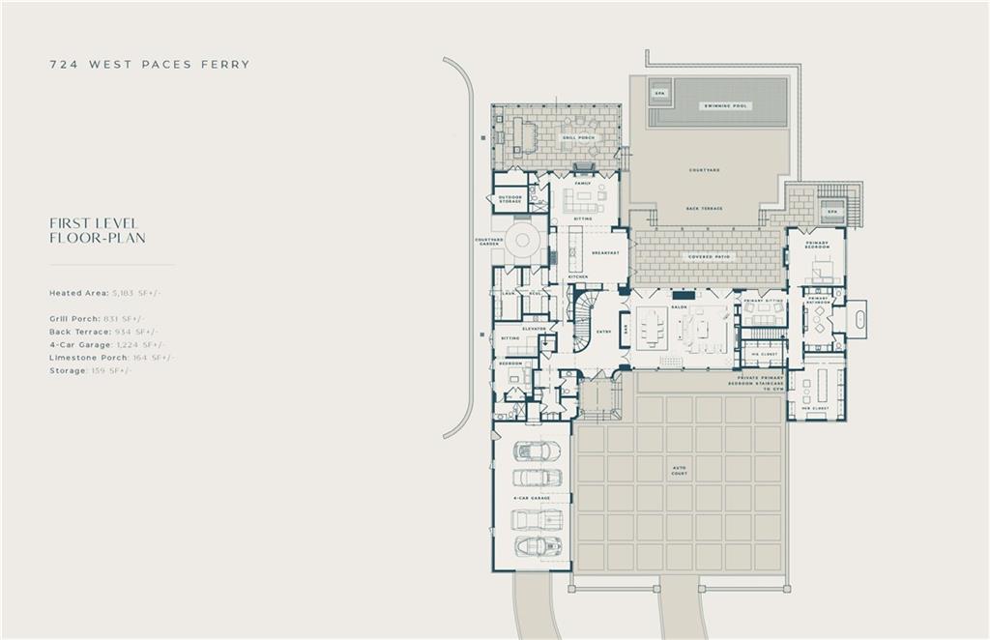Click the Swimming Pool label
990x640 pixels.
(727, 106)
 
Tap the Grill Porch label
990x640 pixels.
(578, 138)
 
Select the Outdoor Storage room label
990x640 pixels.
(510, 200)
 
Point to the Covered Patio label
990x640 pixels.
(710, 257)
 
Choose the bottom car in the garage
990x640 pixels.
(537, 547)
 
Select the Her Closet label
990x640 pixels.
(815, 409)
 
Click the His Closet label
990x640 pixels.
(763, 354)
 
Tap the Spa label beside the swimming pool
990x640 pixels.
(660, 94)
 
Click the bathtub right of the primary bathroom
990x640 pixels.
(857, 317)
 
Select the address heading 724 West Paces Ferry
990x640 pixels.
(150, 65)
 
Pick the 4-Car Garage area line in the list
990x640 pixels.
(107, 344)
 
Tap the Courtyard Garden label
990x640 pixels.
(488, 242)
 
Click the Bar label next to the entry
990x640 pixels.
(625, 328)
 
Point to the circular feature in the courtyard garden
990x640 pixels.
(524, 242)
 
